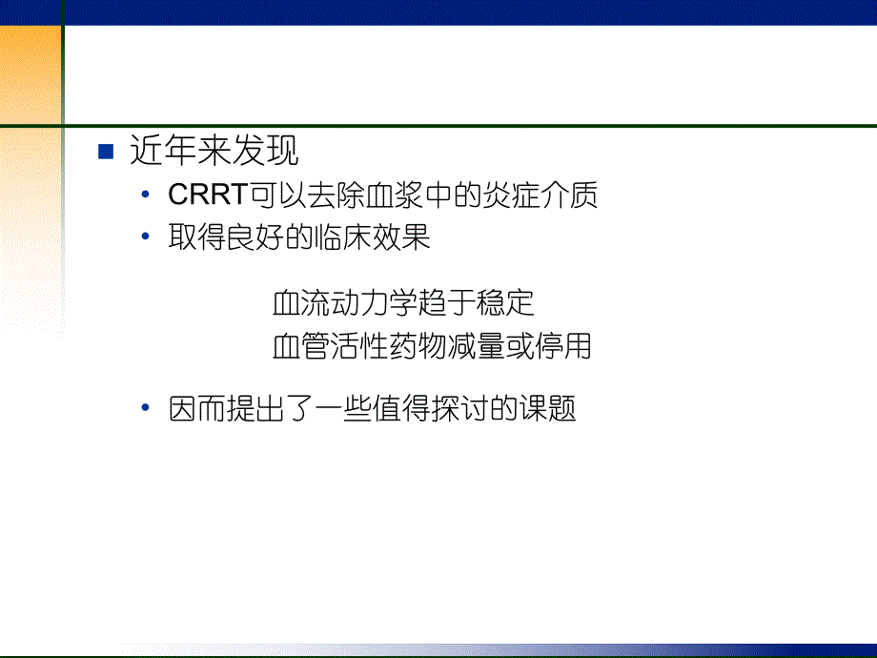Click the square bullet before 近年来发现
pos(106,153)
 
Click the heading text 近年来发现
pos(214,152)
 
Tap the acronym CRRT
pos(207,195)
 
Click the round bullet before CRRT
pos(145,195)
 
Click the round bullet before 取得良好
pos(145,237)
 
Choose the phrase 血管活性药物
pos(351,345)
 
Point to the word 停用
pos(565,345)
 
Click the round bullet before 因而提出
pos(145,408)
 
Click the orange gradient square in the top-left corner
pos(29,62)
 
